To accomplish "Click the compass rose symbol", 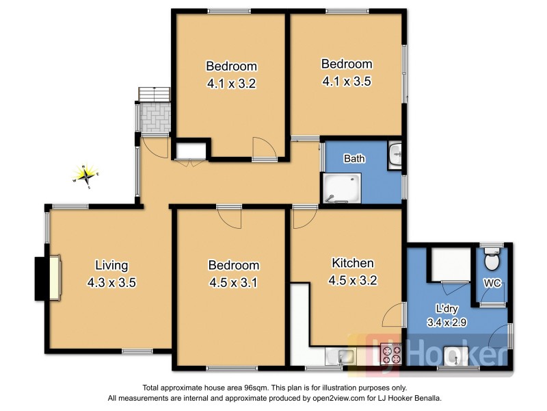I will click(86, 176).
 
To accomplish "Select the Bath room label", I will click(354, 159).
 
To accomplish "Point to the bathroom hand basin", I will click(395, 155).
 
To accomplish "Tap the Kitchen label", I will click(353, 263).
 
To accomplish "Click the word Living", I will click(111, 265).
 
